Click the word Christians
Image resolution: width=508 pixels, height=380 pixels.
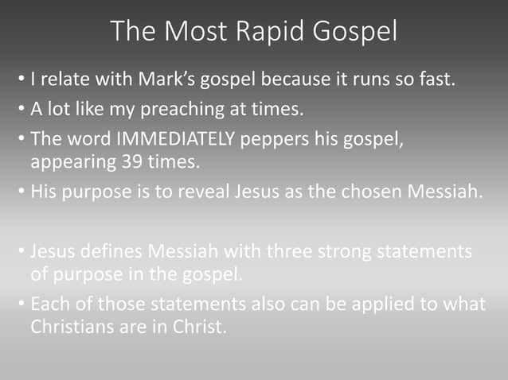pyautogui.click(x=69, y=326)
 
